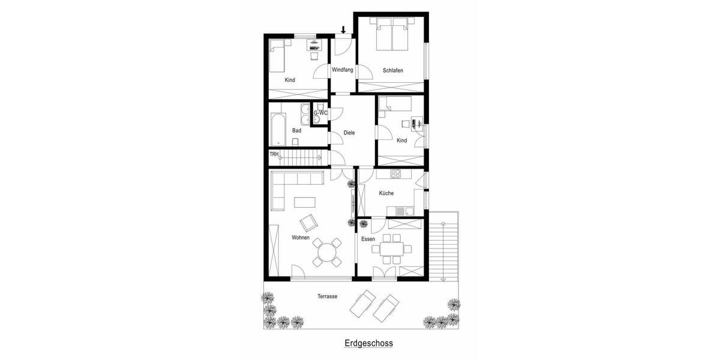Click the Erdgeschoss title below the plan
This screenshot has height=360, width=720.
(x=368, y=344)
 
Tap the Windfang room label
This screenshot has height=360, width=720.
(x=342, y=71)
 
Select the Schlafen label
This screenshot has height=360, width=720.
(x=392, y=71)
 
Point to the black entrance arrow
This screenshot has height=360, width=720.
(x=343, y=29)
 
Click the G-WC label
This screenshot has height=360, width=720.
(x=320, y=113)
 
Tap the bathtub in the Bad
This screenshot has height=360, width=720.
(x=278, y=128)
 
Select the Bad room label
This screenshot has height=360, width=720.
(x=296, y=130)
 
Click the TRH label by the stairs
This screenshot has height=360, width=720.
(x=274, y=154)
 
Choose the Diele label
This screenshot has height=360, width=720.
(x=350, y=134)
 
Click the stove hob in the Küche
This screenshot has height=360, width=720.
(x=396, y=175)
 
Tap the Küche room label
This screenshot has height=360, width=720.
(x=386, y=193)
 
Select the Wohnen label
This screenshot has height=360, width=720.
(x=301, y=238)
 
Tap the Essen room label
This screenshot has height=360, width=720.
(x=368, y=239)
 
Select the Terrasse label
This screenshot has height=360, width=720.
(x=327, y=296)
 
